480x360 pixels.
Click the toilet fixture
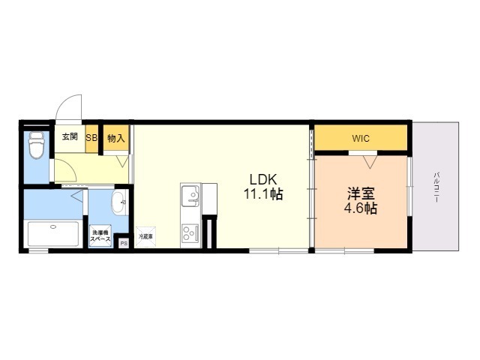(x=35, y=145)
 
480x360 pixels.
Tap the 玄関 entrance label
(x=70, y=137)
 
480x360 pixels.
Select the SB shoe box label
(x=91, y=138)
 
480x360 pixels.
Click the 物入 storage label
(x=115, y=138)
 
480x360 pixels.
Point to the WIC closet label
(x=361, y=139)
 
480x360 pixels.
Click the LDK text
(x=263, y=180)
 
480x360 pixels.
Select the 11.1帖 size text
(x=262, y=195)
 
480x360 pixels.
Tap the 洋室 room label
(x=361, y=193)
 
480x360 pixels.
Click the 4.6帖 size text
(x=361, y=208)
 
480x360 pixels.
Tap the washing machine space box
(x=101, y=235)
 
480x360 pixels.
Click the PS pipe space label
(x=124, y=242)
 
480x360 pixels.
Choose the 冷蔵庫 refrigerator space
(x=145, y=236)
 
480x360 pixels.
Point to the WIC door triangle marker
(x=369, y=160)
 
